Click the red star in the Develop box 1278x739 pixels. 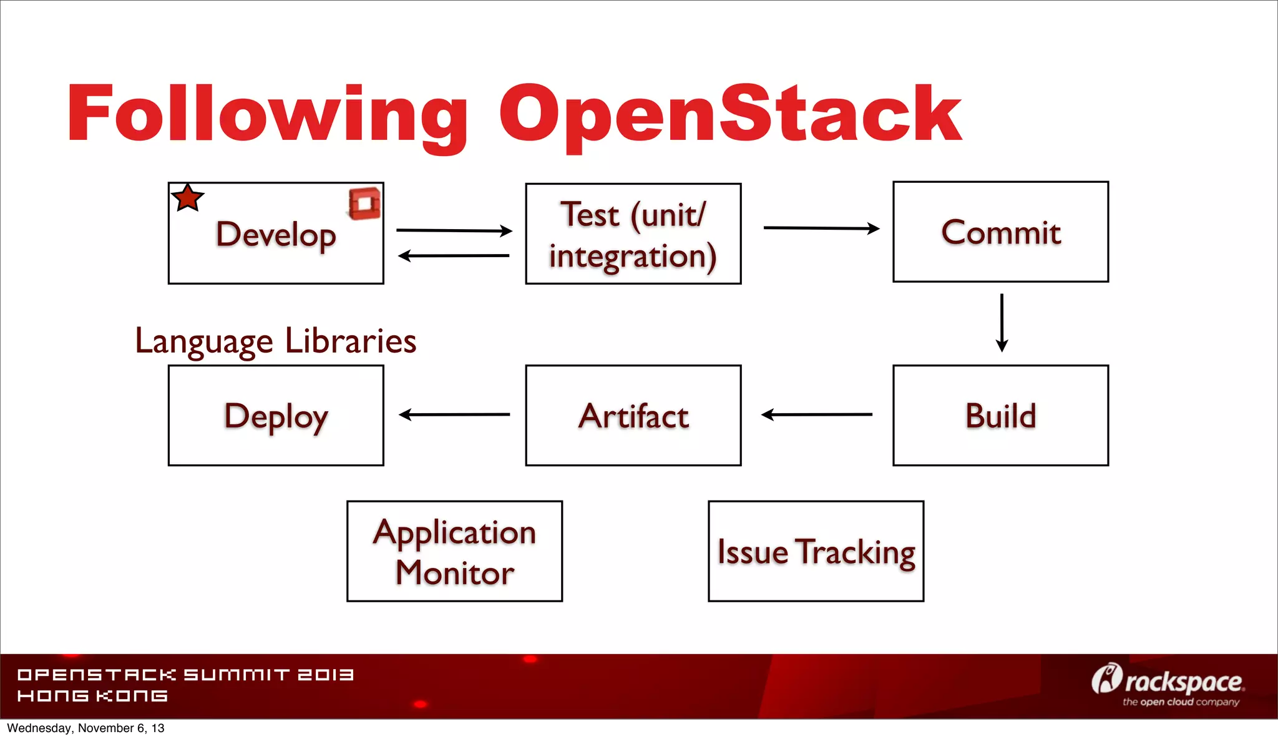pyautogui.click(x=187, y=198)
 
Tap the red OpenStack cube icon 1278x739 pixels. pyautogui.click(x=364, y=203)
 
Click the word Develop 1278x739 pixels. pyautogui.click(x=276, y=235)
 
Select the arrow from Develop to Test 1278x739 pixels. pyautogui.click(x=454, y=230)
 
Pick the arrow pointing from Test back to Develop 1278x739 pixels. pyautogui.click(x=454, y=255)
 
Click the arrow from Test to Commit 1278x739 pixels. pyautogui.click(x=821, y=228)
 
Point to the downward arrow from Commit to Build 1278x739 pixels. pyautogui.click(x=1002, y=322)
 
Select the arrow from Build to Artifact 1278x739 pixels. pyautogui.click(x=816, y=414)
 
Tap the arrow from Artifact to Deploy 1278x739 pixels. pyautogui.click(x=454, y=414)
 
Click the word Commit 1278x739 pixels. pyautogui.click(x=1000, y=233)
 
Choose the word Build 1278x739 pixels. pyautogui.click(x=1000, y=416)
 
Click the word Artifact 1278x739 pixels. pyautogui.click(x=633, y=416)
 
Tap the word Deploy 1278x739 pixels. pyautogui.click(x=276, y=417)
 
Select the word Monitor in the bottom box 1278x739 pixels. pyautogui.click(x=454, y=573)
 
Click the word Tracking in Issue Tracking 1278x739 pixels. pyautogui.click(x=856, y=552)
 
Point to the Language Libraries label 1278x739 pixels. pyautogui.click(x=275, y=341)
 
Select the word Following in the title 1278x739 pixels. pyautogui.click(x=267, y=115)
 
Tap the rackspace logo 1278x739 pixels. pyautogui.click(x=1168, y=684)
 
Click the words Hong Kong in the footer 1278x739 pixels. pyautogui.click(x=92, y=696)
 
